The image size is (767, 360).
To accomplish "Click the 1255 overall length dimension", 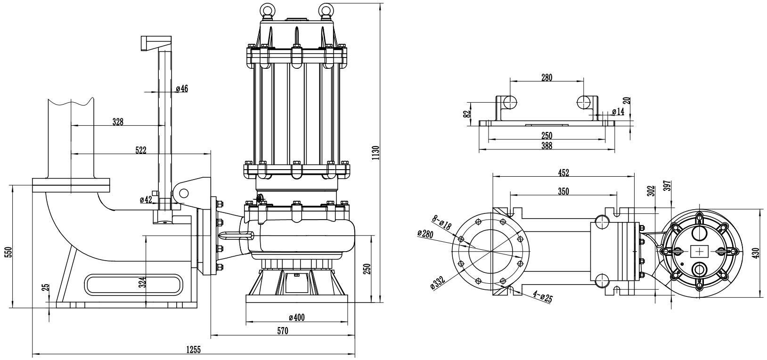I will click(x=194, y=350).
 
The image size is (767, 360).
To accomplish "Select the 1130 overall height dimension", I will click(x=375, y=153).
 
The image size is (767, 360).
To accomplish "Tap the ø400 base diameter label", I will click(x=296, y=318).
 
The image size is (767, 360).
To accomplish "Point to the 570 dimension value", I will click(x=282, y=331).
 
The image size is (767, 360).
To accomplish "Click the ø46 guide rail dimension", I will click(x=182, y=89).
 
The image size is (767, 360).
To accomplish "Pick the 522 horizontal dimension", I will click(x=140, y=150).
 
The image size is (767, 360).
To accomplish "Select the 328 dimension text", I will click(x=118, y=122).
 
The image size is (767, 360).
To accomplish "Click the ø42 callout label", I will click(x=146, y=200).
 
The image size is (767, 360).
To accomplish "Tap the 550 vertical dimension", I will click(x=6, y=252).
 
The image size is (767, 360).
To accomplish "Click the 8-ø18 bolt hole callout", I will click(x=441, y=222).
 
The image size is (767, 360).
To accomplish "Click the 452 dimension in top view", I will click(x=563, y=173).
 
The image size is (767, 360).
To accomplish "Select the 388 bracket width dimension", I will click(x=547, y=147).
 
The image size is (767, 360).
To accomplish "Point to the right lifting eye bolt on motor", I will click(x=326, y=10).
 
